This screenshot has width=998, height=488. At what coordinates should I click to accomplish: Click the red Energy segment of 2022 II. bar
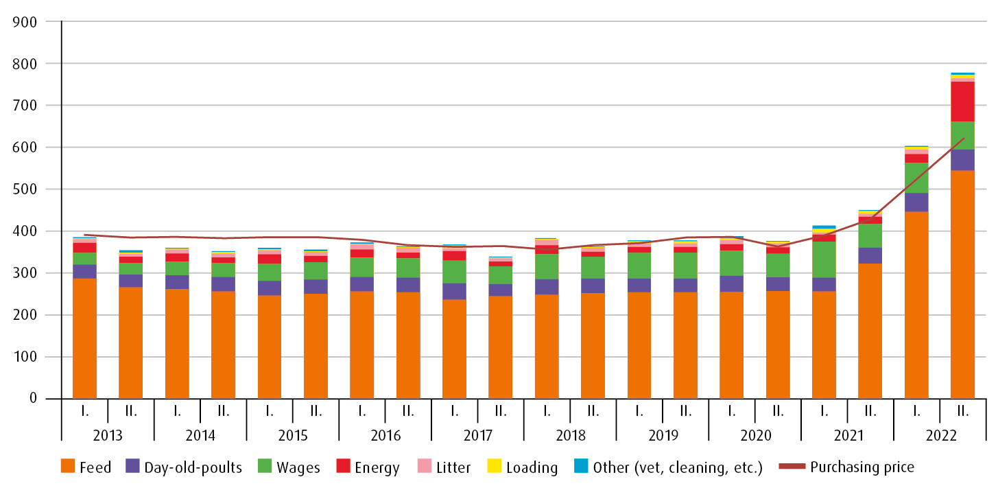coord(962,102)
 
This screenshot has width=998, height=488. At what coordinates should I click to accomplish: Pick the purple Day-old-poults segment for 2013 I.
coord(84,271)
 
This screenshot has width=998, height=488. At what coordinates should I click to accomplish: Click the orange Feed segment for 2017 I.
coord(454,349)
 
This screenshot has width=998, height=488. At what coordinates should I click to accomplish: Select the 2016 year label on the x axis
coord(385,435)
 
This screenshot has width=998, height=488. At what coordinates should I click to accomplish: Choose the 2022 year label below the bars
coord(940,435)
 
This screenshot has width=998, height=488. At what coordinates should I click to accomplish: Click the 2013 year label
coord(108,435)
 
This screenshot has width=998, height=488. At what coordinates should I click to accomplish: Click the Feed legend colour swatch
coord(68,467)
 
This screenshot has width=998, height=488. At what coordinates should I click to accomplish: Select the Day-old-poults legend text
coord(193,468)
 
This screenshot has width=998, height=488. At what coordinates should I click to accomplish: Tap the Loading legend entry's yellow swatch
coord(493,467)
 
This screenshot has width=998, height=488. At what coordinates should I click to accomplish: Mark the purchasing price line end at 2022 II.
coord(963,139)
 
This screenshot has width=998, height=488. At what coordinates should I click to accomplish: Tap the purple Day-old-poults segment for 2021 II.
coord(870,255)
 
